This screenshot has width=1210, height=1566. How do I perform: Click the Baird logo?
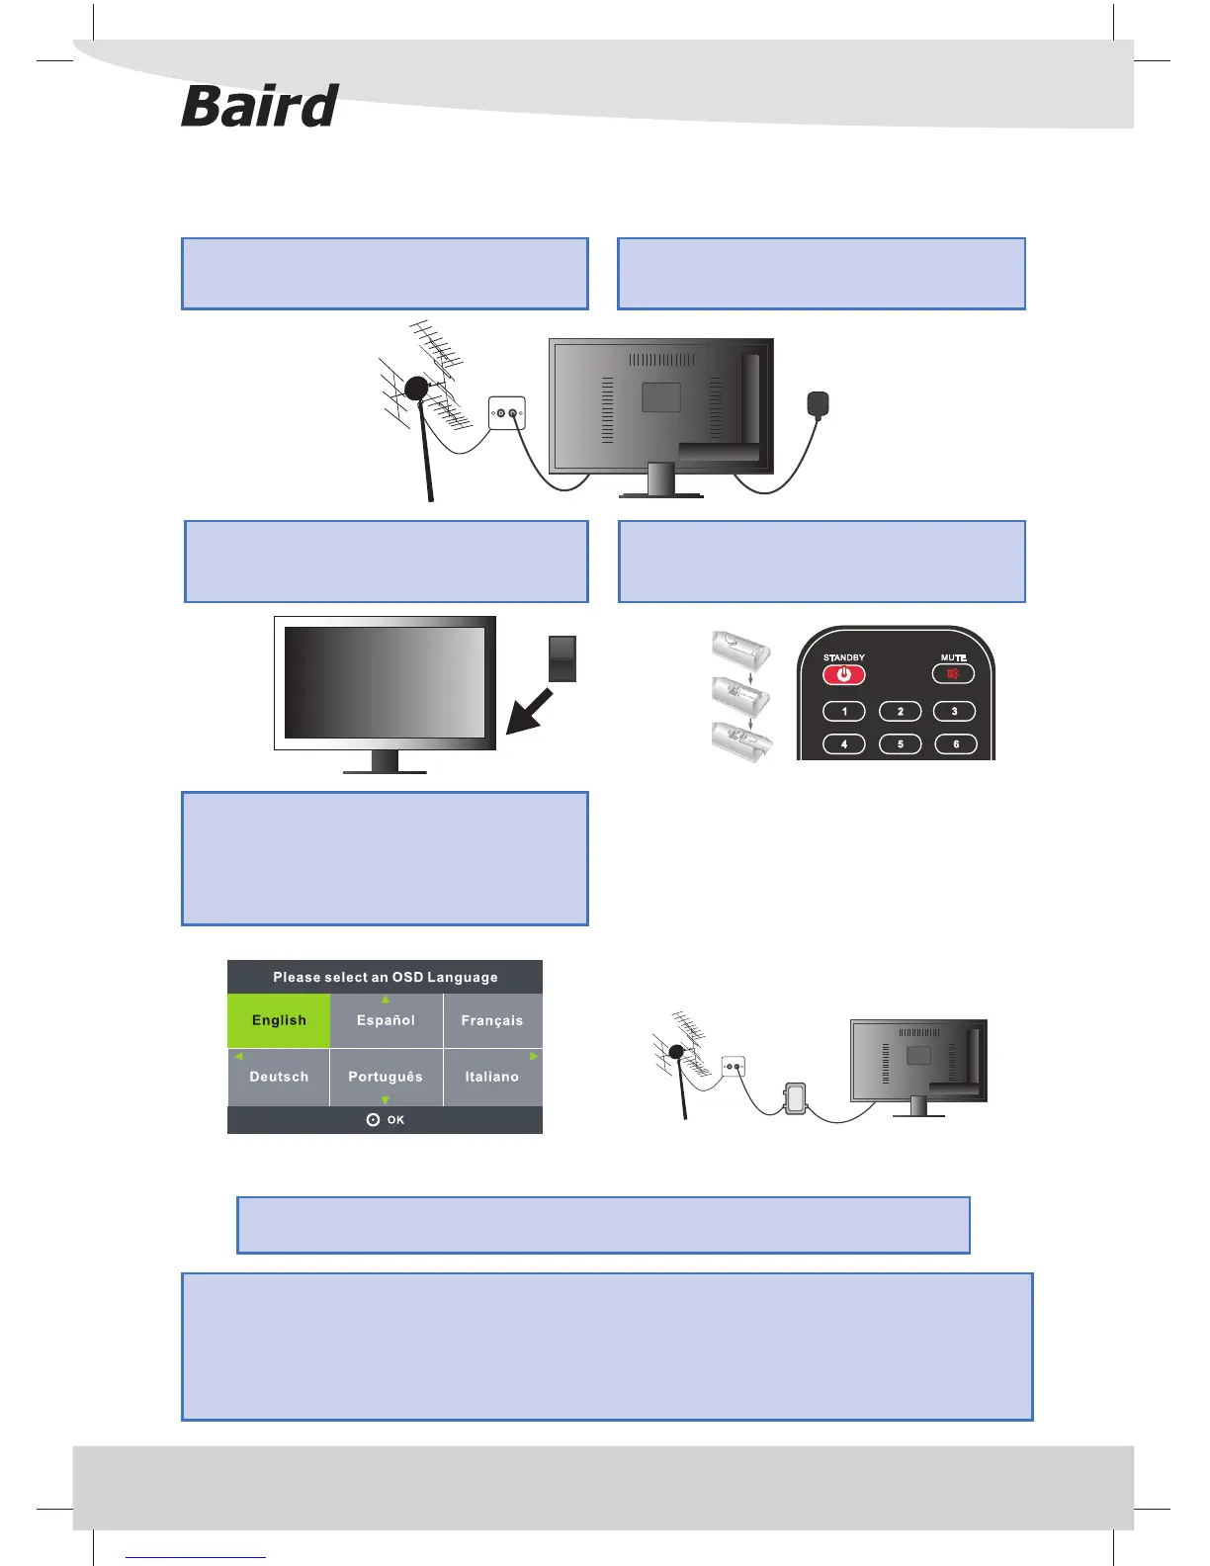click(260, 107)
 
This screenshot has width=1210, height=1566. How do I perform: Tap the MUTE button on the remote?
click(953, 674)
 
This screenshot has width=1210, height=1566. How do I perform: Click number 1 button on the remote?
click(844, 712)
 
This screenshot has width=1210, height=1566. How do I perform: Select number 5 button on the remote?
click(900, 744)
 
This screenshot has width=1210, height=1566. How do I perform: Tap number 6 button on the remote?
click(955, 744)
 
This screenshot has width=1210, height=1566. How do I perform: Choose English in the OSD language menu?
click(279, 1020)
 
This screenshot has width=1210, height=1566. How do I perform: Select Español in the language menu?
click(386, 1020)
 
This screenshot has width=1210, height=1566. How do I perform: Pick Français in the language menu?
click(491, 1020)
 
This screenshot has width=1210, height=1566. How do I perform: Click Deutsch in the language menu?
click(279, 1077)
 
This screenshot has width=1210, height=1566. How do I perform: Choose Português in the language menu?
click(386, 1077)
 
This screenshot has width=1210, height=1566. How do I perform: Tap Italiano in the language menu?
click(491, 1077)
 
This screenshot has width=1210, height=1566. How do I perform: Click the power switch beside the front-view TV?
click(562, 658)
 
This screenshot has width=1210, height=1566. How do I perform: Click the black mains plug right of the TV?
click(818, 404)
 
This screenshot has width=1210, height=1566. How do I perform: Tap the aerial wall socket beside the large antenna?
click(506, 413)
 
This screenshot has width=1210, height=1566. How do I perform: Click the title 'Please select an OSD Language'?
click(386, 977)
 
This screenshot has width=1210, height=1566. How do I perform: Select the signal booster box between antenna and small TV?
click(795, 1097)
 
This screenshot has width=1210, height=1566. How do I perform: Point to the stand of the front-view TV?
click(385, 763)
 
